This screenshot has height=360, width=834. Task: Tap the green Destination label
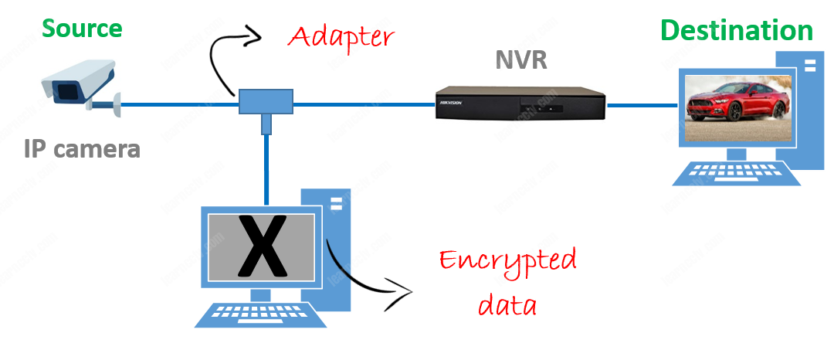point(737,31)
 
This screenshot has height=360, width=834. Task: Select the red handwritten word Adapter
point(341,36)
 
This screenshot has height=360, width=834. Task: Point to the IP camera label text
point(82,149)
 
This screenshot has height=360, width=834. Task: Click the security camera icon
point(80,86)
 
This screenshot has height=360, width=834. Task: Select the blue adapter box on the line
point(266,101)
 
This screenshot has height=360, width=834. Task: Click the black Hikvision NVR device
point(520,103)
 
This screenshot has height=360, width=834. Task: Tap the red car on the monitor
point(737,107)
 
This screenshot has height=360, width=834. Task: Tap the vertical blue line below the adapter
point(266,166)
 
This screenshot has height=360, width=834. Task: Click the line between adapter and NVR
point(363,104)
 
